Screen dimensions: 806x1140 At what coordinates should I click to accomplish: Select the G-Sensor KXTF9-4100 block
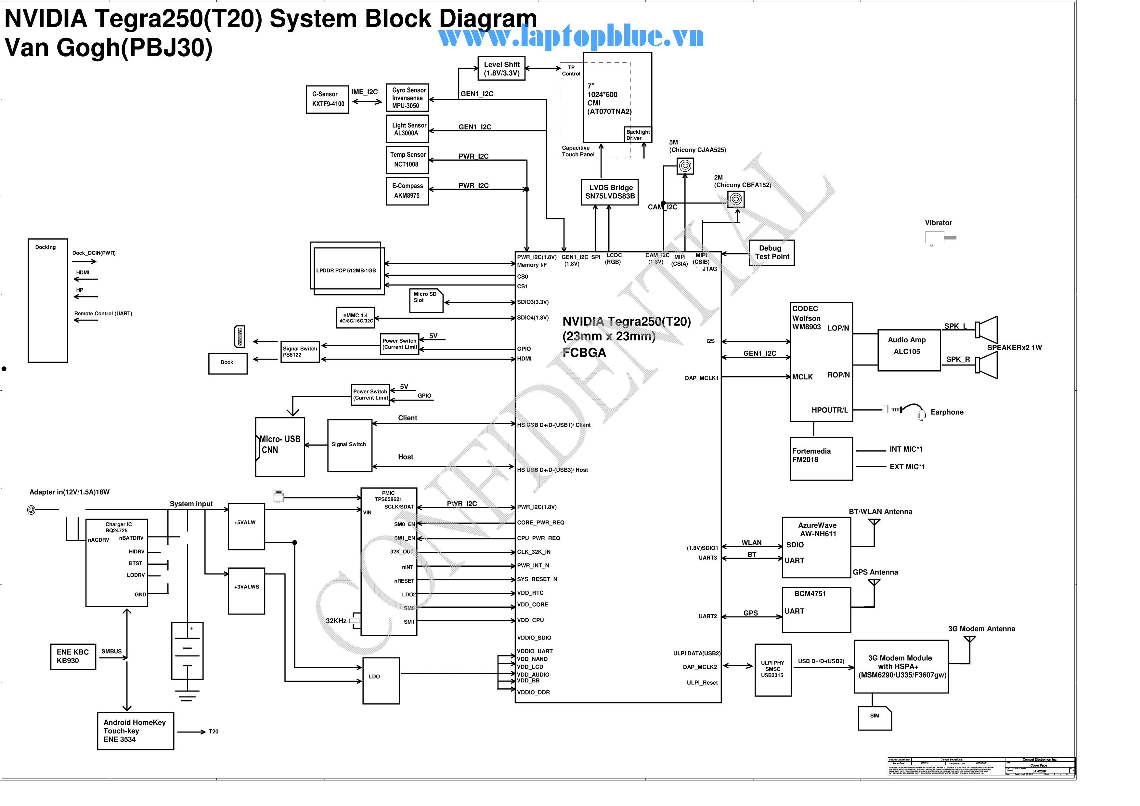tap(328, 99)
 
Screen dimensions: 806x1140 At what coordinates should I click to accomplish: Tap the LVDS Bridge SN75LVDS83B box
tap(610, 192)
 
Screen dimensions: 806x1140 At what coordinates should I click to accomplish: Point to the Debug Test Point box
tap(771, 253)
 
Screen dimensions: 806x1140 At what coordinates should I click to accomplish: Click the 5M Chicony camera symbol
tap(685, 166)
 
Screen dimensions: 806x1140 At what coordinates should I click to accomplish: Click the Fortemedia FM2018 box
tap(821, 459)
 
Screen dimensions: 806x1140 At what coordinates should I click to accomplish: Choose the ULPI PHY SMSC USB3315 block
tap(772, 670)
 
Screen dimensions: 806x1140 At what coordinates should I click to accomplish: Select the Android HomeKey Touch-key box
tap(136, 731)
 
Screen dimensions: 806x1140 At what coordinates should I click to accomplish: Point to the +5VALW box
tap(246, 526)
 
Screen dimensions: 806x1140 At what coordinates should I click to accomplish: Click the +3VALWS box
tap(246, 591)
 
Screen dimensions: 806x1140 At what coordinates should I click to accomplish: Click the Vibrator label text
tap(938, 223)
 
